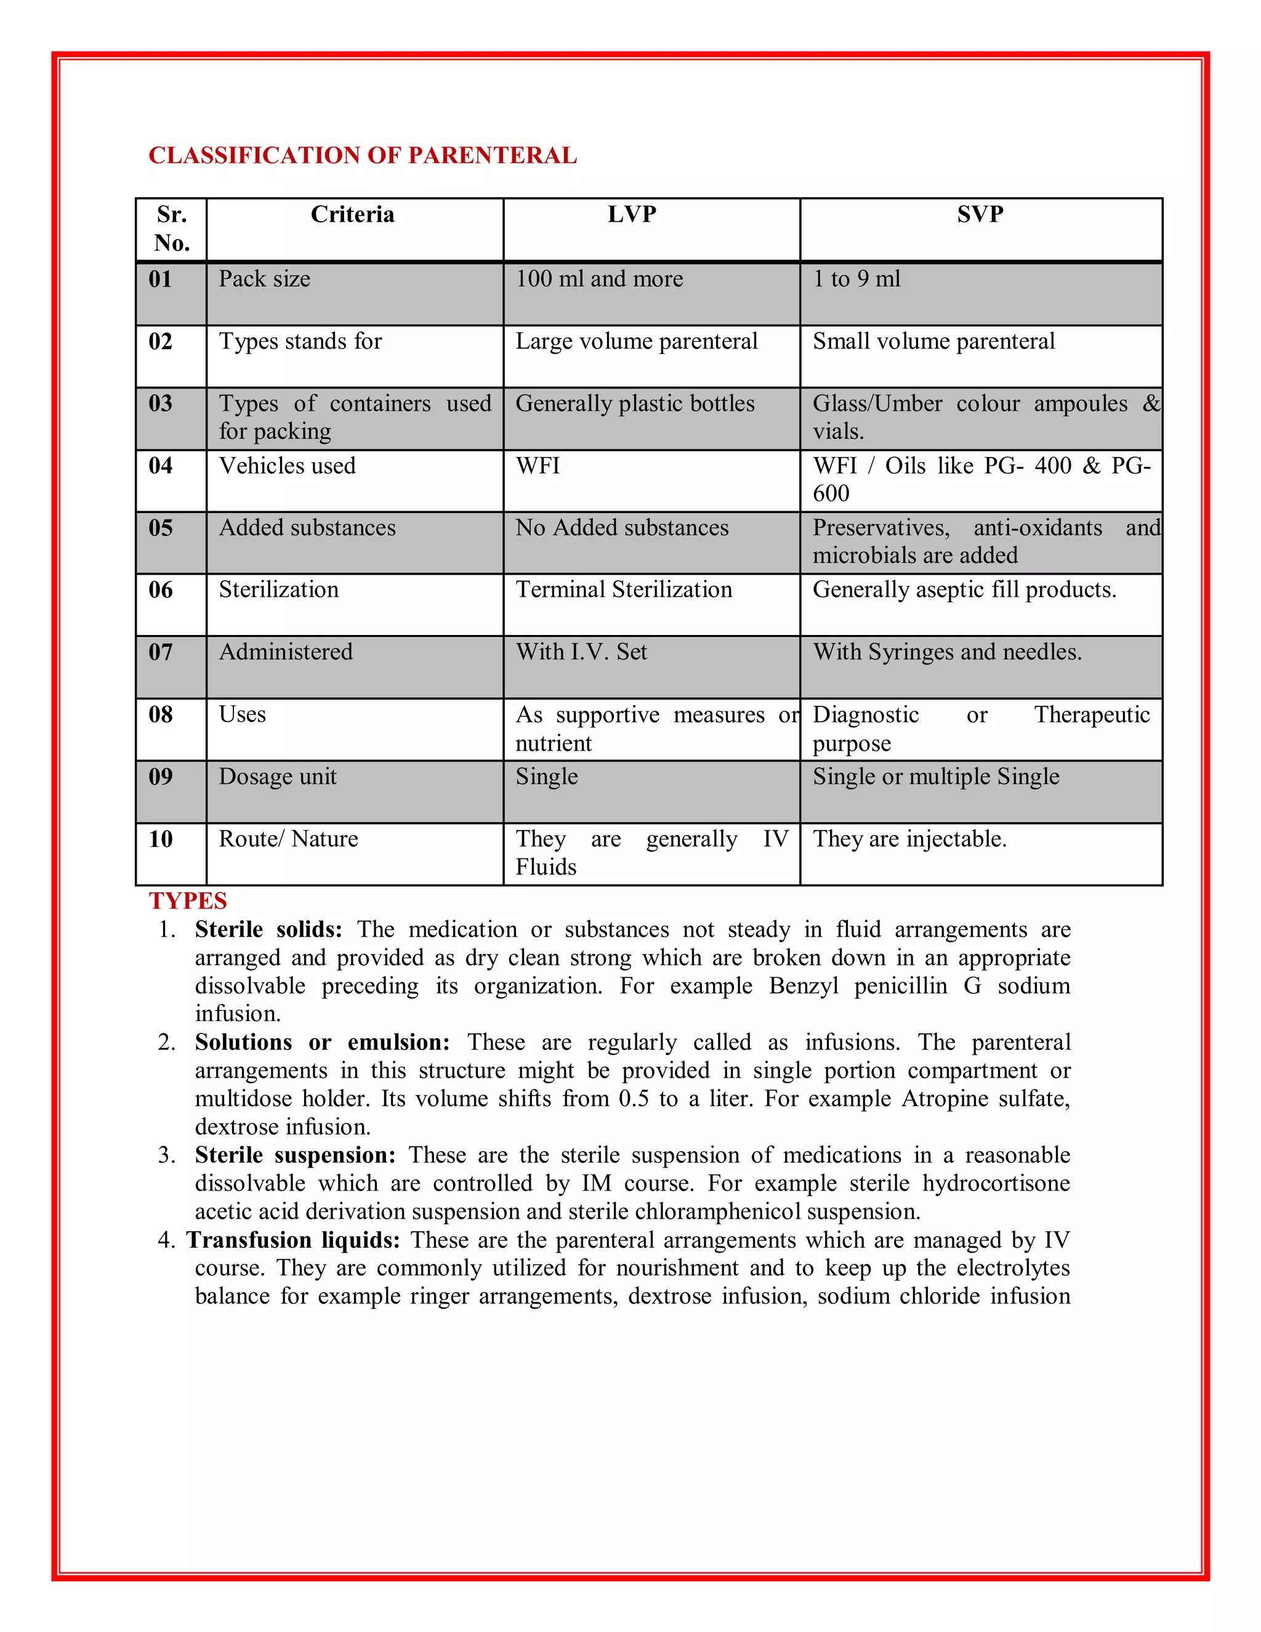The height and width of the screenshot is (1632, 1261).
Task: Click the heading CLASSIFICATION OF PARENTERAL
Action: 362,155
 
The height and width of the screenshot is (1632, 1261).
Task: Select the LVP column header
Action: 632,215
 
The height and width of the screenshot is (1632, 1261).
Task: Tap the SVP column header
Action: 980,215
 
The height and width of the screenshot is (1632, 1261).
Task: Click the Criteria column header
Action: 353,215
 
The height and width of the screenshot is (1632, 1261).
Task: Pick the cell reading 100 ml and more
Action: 599,280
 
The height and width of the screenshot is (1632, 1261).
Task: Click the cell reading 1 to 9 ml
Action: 856,280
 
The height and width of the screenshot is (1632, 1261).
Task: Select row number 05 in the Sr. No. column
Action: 161,528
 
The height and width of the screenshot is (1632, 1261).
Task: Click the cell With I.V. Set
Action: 581,652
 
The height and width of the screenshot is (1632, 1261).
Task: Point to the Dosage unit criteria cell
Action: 277,777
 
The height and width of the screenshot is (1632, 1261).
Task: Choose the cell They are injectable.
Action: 909,839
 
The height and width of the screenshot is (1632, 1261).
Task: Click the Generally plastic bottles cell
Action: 635,403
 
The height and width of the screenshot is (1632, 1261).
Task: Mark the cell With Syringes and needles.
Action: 946,652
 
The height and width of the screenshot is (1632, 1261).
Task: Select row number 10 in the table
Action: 161,839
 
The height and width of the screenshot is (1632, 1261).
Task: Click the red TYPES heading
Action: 188,901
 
